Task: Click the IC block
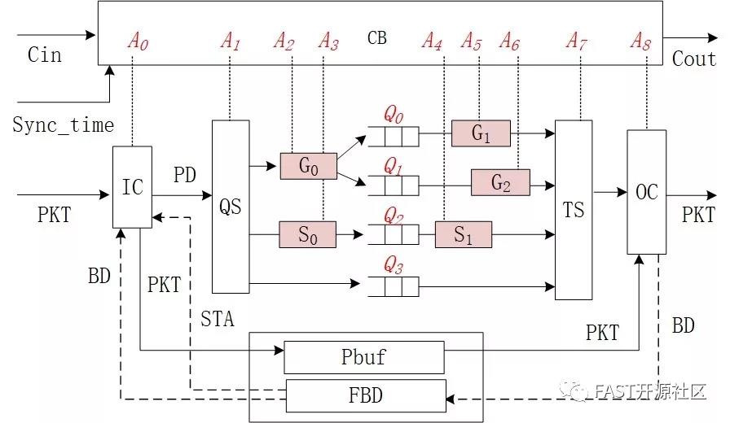(x=132, y=187)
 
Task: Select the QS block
(x=231, y=207)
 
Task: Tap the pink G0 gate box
(x=308, y=166)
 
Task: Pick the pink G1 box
(x=481, y=133)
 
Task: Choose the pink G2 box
(x=500, y=182)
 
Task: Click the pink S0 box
(x=307, y=234)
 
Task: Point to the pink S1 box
(x=463, y=234)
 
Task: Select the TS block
(x=574, y=209)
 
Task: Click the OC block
(x=647, y=192)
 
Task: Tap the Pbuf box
(x=363, y=357)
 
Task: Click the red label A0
(x=138, y=41)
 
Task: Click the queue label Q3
(x=394, y=264)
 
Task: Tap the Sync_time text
(x=63, y=124)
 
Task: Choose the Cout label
(x=693, y=59)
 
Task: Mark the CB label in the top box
(x=377, y=37)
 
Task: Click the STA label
(x=217, y=319)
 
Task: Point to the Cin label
(x=45, y=55)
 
